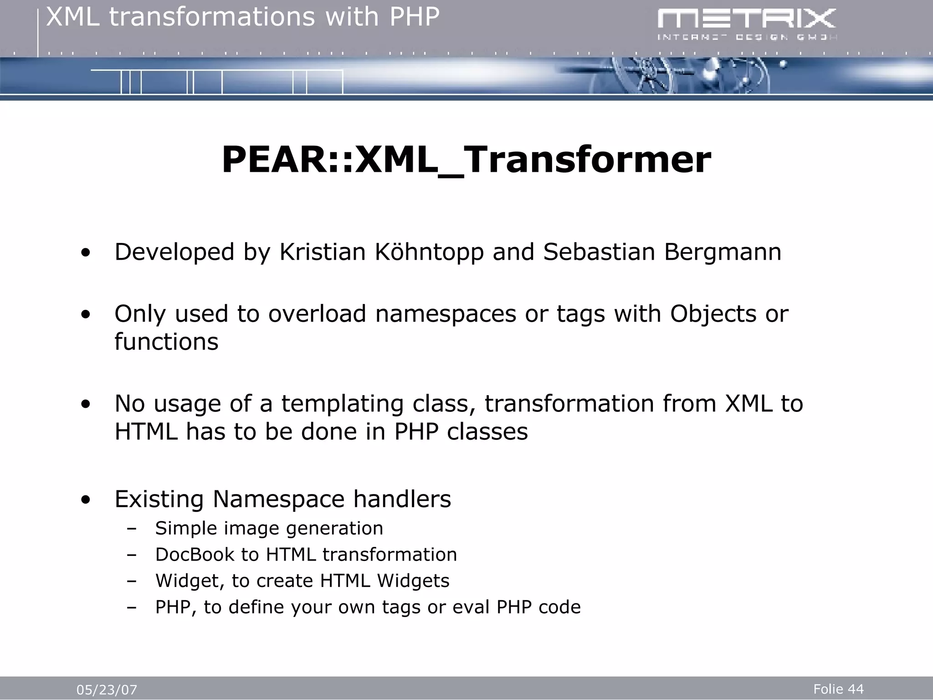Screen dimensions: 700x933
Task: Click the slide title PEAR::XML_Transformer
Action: click(466, 160)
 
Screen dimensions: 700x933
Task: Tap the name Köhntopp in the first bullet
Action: click(429, 252)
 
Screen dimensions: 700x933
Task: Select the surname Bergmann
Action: click(723, 252)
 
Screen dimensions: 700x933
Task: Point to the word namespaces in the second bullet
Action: click(446, 314)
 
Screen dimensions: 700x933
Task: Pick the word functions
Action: click(166, 342)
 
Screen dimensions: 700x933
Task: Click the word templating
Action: click(342, 404)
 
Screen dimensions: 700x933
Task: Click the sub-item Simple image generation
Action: click(269, 529)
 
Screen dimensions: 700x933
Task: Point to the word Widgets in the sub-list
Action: click(413, 581)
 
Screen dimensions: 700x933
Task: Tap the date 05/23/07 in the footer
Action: click(107, 690)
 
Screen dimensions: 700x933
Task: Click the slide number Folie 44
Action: click(838, 689)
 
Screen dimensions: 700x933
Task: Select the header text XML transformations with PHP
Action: click(243, 17)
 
